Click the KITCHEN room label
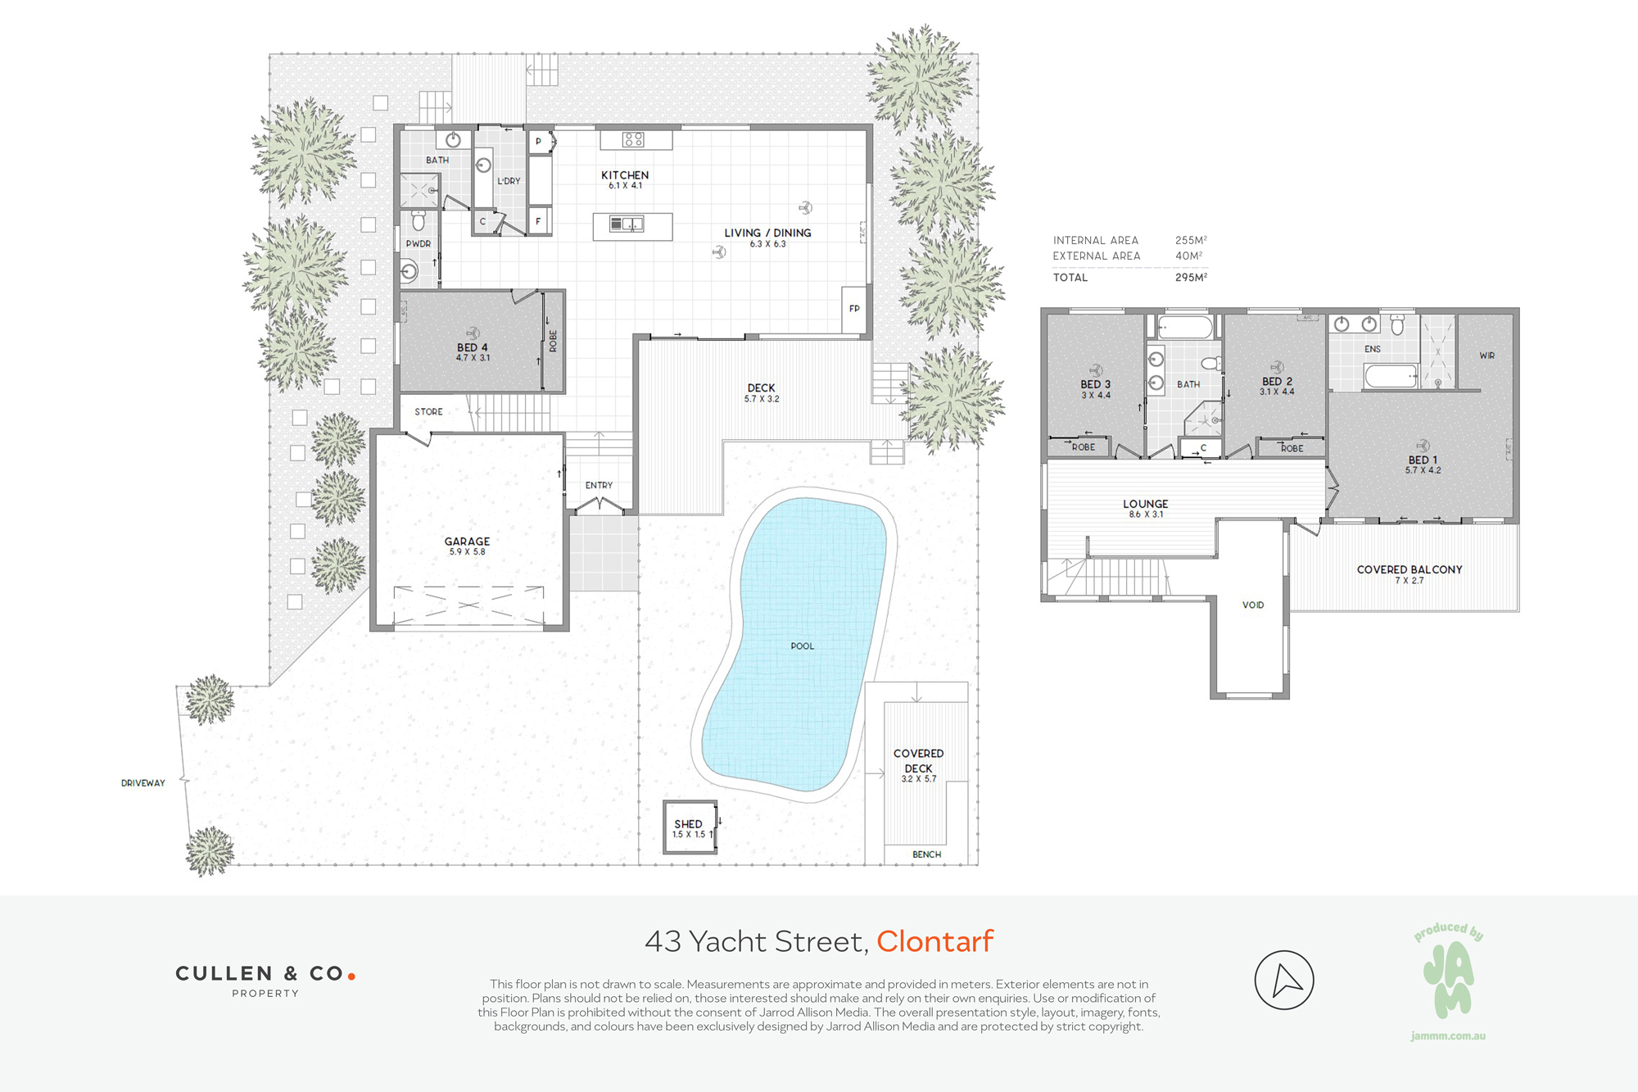point(625,175)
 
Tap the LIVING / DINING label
point(767,233)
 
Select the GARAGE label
point(467,541)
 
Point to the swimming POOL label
point(803,646)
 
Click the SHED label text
point(689,824)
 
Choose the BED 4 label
point(473,347)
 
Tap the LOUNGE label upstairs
point(1146,504)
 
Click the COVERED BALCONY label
point(1409,569)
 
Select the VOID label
point(1253,605)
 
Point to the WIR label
point(1487,356)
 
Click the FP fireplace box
point(854,309)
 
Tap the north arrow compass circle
point(1284,980)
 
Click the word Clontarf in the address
point(935,941)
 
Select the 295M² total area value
point(1191,278)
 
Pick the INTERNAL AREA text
point(1096,241)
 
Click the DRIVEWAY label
point(143,783)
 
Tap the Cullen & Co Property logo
point(265,981)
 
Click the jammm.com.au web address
point(1448,1036)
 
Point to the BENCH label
point(927,854)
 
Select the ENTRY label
point(599,486)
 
